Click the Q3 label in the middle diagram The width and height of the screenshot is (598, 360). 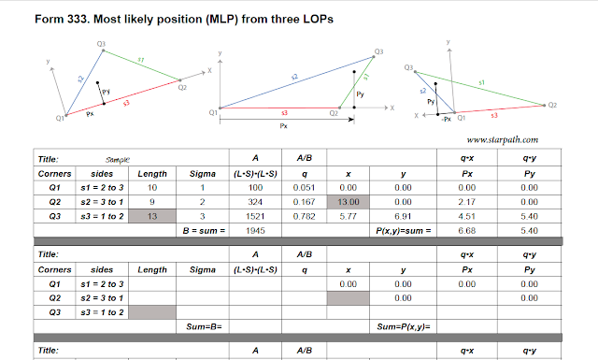[x=378, y=52]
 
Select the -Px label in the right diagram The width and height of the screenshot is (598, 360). [x=446, y=119]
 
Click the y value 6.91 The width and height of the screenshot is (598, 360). [x=404, y=216]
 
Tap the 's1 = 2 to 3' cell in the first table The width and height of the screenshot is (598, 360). [x=97, y=188]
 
